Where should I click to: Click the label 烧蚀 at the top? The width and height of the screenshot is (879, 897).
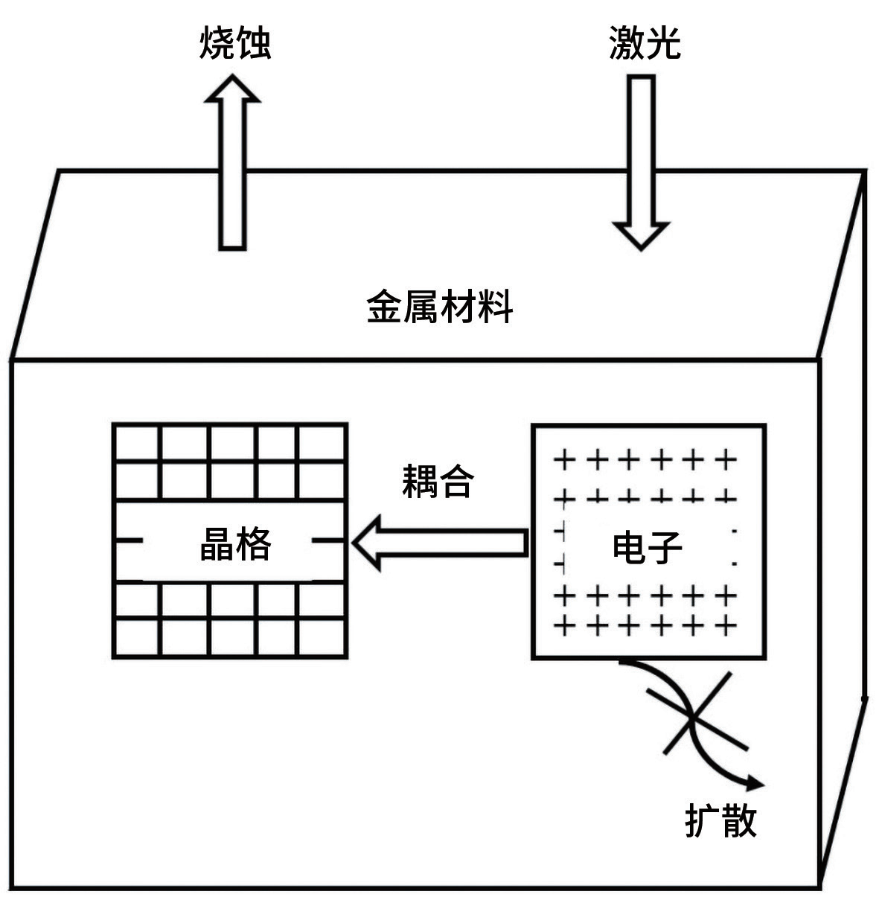pos(235,42)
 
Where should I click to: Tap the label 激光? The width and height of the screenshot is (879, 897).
pos(645,42)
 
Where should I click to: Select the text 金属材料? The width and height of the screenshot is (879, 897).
pos(439,306)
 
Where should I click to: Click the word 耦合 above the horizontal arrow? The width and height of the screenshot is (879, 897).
pos(438,482)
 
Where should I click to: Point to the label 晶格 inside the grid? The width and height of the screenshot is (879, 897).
pos(236,543)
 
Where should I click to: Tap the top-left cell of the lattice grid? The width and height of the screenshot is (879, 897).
pos(137,443)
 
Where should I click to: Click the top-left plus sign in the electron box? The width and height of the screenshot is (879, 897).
pos(564,460)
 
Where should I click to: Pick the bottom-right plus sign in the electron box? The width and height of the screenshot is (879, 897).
pos(726,626)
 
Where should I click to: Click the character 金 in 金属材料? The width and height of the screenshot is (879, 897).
pos(385,306)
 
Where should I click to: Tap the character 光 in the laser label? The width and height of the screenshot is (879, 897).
pos(663,42)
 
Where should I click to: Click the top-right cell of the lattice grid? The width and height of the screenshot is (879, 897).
pos(321,443)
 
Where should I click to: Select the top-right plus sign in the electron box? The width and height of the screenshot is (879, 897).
pos(726,460)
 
